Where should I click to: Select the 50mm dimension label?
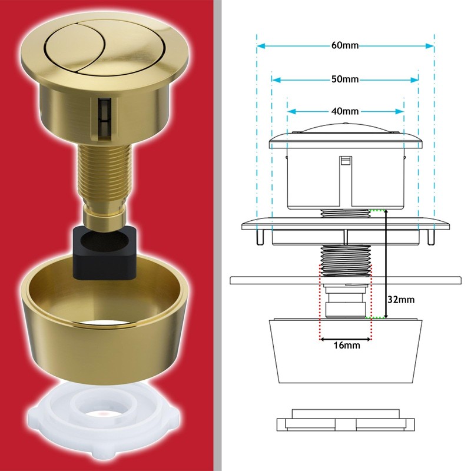(x=345, y=79)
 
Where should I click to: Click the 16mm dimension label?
(x=346, y=346)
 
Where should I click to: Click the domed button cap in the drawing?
(x=346, y=132)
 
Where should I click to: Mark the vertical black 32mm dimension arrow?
(x=386, y=265)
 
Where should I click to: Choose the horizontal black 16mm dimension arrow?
(x=346, y=339)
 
